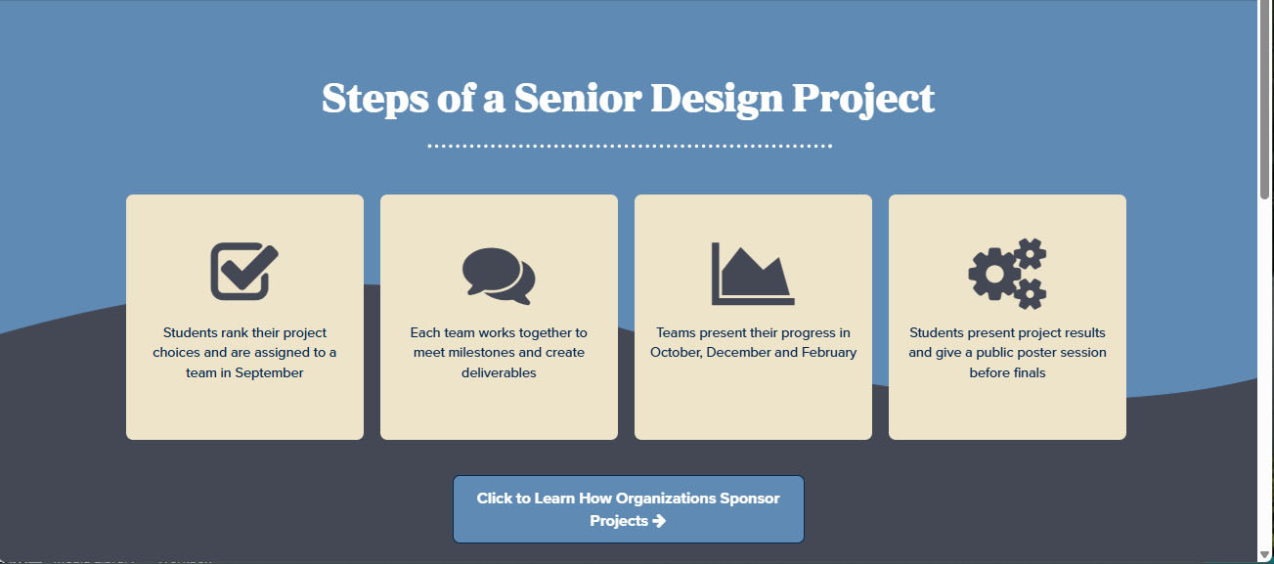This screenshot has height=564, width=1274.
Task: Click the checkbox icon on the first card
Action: [x=244, y=271]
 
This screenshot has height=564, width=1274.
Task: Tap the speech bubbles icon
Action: [x=499, y=276]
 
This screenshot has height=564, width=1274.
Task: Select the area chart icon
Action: [x=753, y=274]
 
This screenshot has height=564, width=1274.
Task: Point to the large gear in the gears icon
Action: [x=995, y=274]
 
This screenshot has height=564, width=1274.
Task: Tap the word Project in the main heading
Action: [x=863, y=100]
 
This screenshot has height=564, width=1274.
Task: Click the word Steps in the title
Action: [x=374, y=100]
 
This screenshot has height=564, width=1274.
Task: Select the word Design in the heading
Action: [x=717, y=100]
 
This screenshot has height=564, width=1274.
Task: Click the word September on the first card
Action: [x=269, y=373]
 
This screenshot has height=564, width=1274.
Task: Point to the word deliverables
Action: [x=499, y=373]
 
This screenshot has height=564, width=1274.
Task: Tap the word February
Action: [x=829, y=353]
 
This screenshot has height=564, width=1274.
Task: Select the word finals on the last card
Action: [x=1028, y=373]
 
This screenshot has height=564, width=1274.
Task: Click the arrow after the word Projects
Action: [x=659, y=521]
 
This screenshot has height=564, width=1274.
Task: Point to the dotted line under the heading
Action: [x=630, y=146]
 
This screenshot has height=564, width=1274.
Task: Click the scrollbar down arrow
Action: [x=1265, y=555]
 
